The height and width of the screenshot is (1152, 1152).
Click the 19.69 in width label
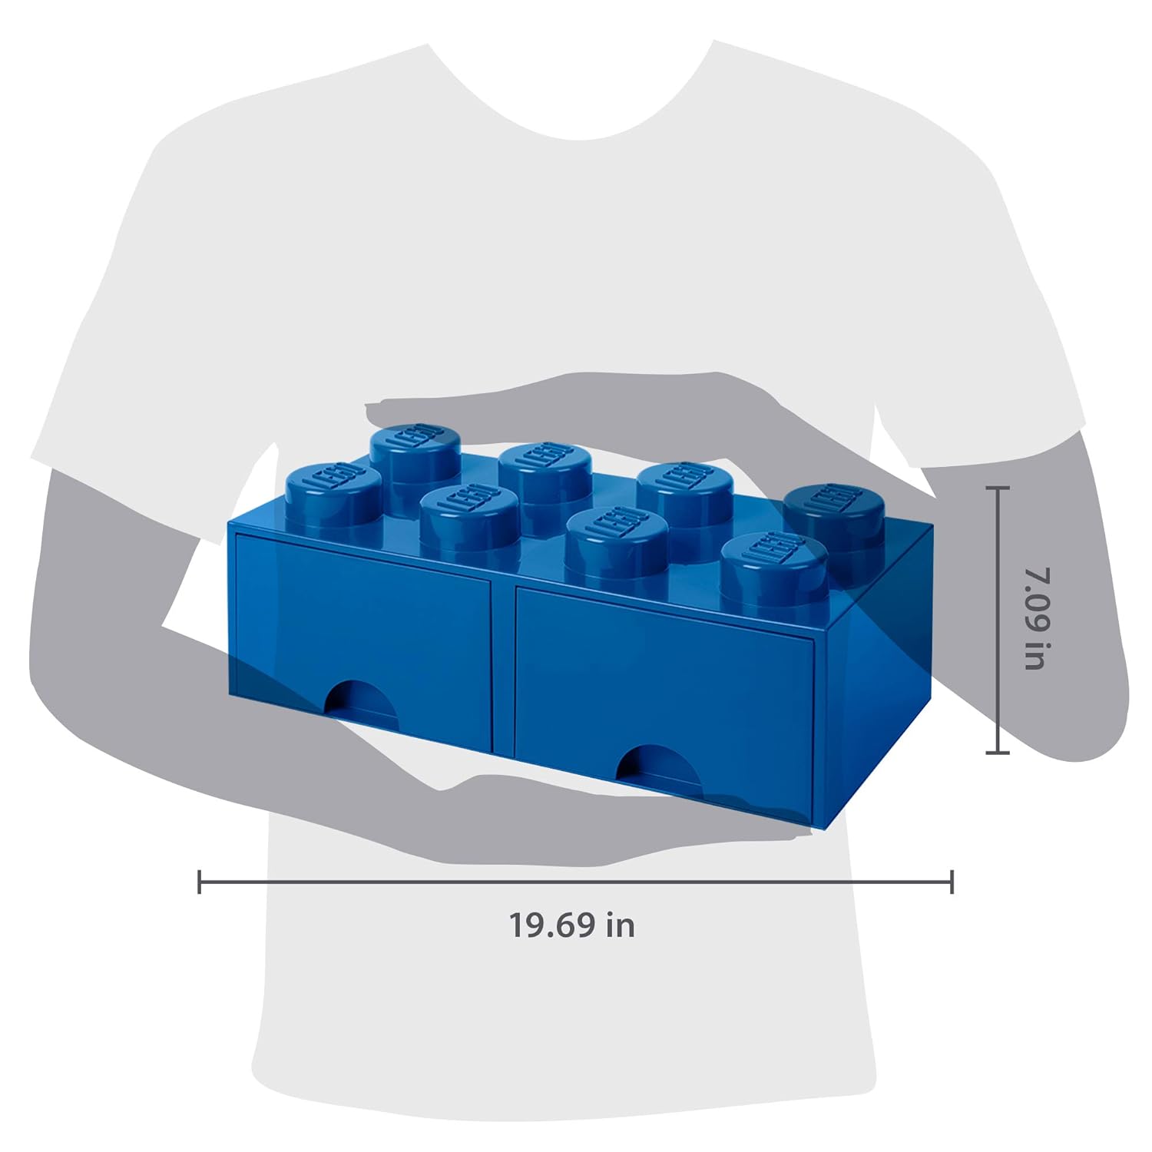pyautogui.click(x=572, y=925)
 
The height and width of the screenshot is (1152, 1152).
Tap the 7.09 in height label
pyautogui.click(x=1036, y=619)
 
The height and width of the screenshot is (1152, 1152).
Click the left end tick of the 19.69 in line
pyautogui.click(x=200, y=882)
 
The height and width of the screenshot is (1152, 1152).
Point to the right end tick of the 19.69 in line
pyautogui.click(x=952, y=882)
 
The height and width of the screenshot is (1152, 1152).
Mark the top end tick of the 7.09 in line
pyautogui.click(x=997, y=488)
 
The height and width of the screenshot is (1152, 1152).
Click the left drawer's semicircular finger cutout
pyautogui.click(x=361, y=699)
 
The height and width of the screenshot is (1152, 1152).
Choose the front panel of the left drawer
pyautogui.click(x=361, y=614)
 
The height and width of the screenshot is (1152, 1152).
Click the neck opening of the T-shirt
pyautogui.click(x=572, y=92)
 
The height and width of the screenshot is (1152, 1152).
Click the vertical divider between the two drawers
pyautogui.click(x=503, y=660)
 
